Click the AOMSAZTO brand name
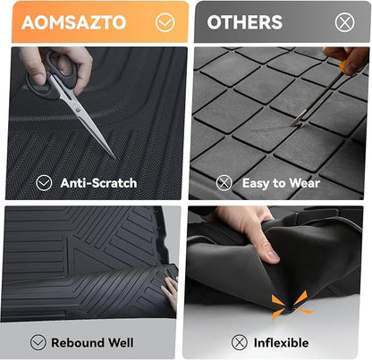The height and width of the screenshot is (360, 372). tap(74, 22)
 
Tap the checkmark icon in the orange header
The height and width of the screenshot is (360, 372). tap(165, 22)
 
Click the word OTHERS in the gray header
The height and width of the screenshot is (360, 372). tap(245, 22)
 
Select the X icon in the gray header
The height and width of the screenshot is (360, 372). tap(344, 22)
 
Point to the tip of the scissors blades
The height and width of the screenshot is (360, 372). tap(114, 158)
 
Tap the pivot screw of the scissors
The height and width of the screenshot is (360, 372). tap(78, 110)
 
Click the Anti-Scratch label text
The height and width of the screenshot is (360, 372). tap(98, 183)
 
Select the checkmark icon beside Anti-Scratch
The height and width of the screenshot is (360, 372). tap(44, 183)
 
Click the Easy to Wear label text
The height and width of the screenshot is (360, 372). tap(281, 183)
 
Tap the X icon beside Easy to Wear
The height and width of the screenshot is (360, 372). tap(224, 183)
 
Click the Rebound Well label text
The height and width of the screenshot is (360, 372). tap(92, 342)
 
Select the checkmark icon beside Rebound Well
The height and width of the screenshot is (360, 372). tap(38, 342)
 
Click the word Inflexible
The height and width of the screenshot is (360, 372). tap(281, 342)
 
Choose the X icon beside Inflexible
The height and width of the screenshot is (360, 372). tap(240, 342)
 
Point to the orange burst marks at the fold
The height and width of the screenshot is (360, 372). tap(291, 306)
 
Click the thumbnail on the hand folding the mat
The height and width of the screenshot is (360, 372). tap(272, 255)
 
